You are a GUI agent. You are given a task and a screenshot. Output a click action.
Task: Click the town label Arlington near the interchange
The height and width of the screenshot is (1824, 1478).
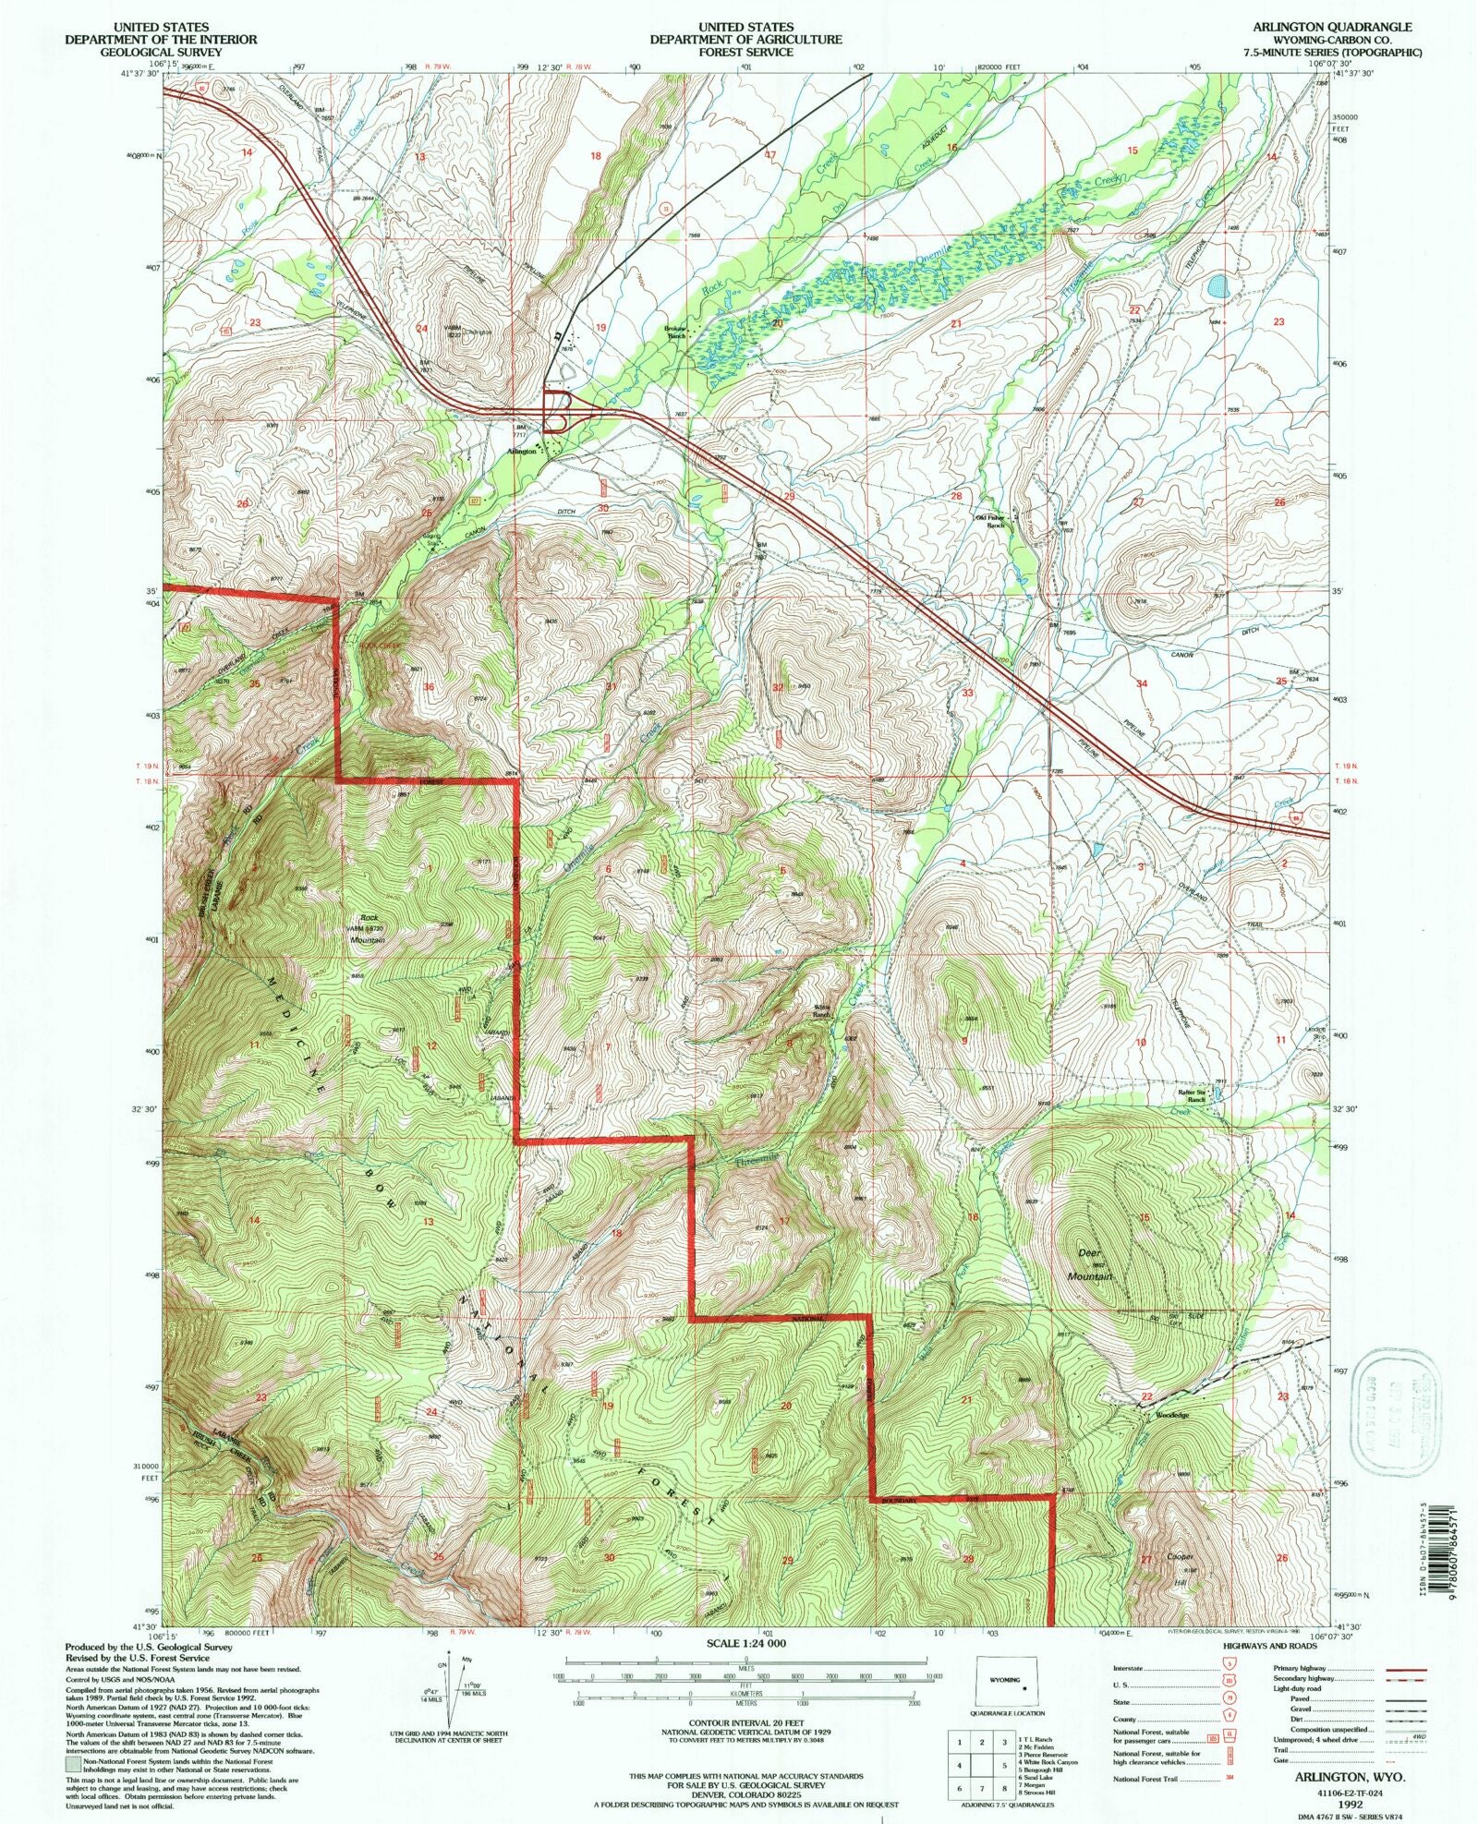tap(522, 452)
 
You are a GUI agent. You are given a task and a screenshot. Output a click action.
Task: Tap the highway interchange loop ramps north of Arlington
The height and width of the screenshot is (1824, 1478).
tap(556, 411)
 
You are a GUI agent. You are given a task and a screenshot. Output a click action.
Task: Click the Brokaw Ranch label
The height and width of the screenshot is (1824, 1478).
tap(676, 332)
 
